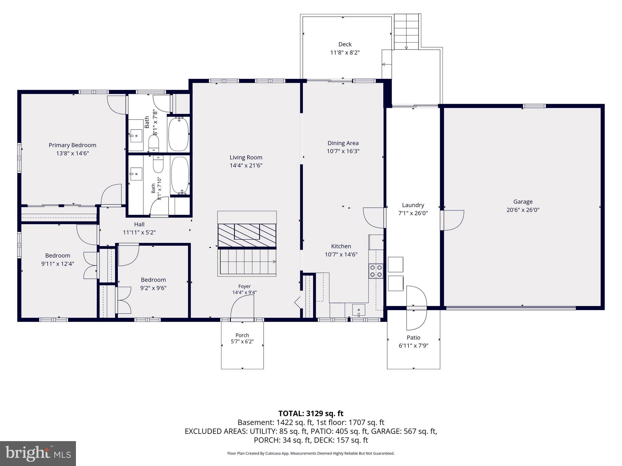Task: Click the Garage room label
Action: point(523,202)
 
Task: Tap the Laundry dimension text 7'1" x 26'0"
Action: point(413,213)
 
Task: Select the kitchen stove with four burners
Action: point(376,271)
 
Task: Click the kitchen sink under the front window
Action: point(359,310)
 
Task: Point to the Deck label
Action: point(345,44)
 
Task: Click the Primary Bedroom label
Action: point(73,145)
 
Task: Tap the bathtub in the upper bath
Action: point(179,134)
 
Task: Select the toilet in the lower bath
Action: point(158,164)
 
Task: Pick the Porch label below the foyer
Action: point(242,335)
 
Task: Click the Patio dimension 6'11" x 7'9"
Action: point(413,346)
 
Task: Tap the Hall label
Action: point(139,225)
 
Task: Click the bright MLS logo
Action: point(38,453)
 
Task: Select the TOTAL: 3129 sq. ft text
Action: point(311,414)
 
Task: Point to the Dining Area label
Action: point(343,143)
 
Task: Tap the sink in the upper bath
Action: point(136,136)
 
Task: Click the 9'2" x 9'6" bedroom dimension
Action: point(153,288)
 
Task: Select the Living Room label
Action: point(246,157)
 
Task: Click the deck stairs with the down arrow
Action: point(406,32)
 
